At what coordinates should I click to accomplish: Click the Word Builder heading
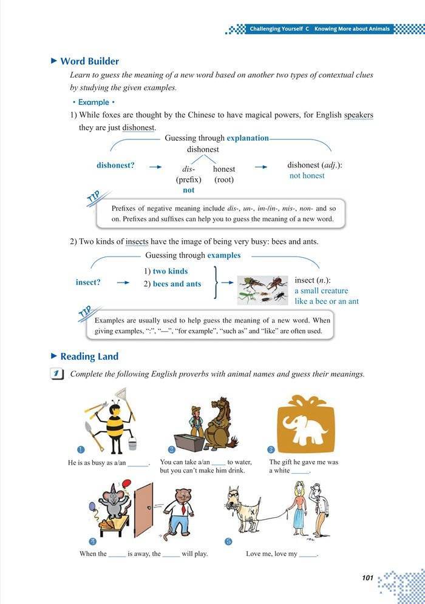[89, 61]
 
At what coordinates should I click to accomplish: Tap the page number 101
[367, 578]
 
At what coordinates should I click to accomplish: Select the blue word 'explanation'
[248, 138]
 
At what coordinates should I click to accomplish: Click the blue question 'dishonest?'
[115, 165]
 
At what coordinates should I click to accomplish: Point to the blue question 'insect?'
[88, 282]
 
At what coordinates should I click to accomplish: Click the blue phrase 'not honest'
[307, 176]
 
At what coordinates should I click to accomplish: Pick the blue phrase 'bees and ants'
[177, 283]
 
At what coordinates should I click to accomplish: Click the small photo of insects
[262, 290]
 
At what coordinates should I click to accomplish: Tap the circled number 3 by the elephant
[271, 449]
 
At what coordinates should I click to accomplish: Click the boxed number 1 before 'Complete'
[58, 374]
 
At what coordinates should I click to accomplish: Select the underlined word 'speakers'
[358, 115]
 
